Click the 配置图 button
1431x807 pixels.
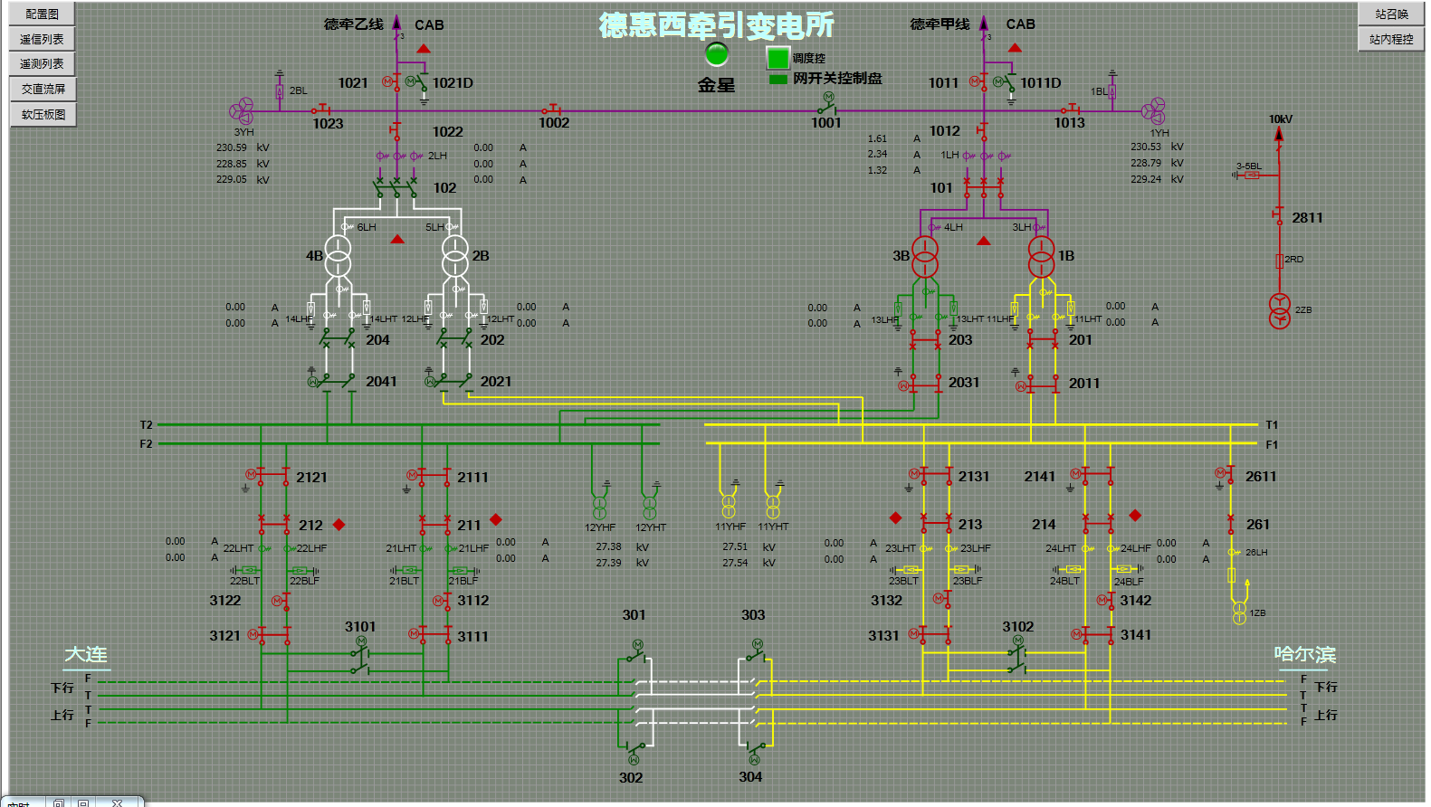tap(42, 14)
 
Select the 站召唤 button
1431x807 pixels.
tap(1391, 14)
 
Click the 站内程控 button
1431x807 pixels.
tap(1391, 39)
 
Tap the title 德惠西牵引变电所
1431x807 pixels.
tap(716, 25)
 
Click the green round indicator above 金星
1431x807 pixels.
tap(717, 54)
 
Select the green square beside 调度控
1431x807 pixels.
tap(778, 58)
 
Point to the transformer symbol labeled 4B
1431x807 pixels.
tap(338, 256)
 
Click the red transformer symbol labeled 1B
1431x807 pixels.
tap(1042, 256)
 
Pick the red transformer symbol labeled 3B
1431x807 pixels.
tap(925, 256)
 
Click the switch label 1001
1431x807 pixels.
tap(825, 123)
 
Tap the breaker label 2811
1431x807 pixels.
tap(1307, 218)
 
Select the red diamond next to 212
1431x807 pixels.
tap(339, 525)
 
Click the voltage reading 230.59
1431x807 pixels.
tap(232, 147)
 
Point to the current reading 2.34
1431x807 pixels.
tap(877, 155)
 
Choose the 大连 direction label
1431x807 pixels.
tap(86, 654)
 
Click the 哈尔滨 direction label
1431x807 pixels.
tap(1304, 654)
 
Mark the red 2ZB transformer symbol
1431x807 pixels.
tap(1279, 310)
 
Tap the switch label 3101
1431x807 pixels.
tap(360, 626)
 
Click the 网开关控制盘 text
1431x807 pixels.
tap(837, 79)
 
